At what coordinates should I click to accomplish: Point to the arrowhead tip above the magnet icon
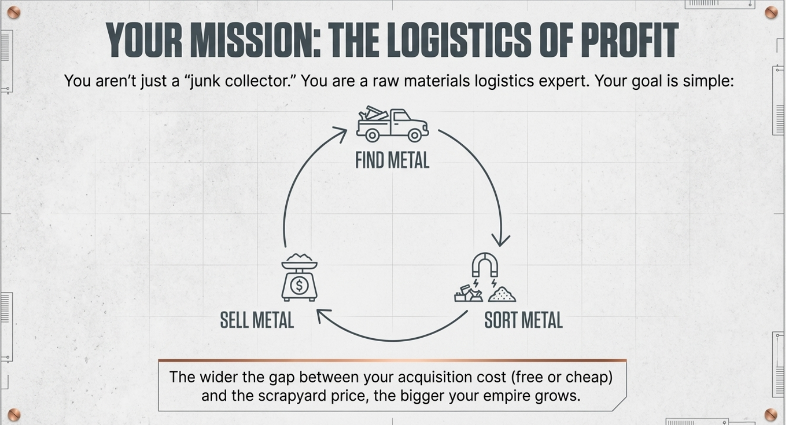tap(500, 246)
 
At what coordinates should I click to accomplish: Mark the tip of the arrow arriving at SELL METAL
tap(317, 310)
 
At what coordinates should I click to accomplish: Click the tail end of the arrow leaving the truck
tap(439, 130)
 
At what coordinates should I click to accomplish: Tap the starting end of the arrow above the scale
tap(285, 247)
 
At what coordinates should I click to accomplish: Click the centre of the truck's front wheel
tap(414, 135)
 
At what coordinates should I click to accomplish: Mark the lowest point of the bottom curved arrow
tap(393, 341)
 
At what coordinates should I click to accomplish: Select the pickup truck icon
tap(392, 124)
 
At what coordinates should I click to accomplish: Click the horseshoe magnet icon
tap(485, 265)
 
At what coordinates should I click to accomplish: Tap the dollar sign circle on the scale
tap(299, 285)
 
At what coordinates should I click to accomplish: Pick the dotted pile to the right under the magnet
tap(502, 295)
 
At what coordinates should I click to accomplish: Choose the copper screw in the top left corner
tap(14, 13)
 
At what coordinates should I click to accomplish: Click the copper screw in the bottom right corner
tap(771, 415)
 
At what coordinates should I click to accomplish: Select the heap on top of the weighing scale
tap(299, 257)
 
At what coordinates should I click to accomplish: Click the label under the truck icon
tap(392, 160)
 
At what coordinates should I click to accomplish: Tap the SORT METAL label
tap(524, 320)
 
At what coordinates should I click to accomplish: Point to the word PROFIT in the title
tap(629, 40)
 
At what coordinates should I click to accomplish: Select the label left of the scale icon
tap(257, 320)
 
